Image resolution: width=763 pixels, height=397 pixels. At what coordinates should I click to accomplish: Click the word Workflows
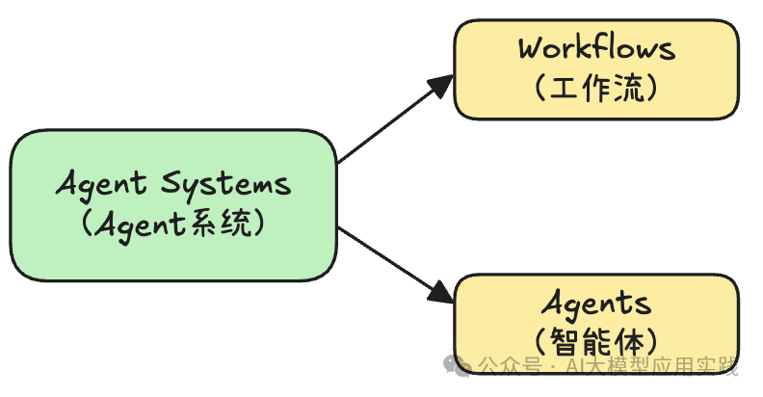click(596, 48)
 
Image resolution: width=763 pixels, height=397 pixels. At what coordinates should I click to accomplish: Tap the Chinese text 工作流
click(596, 89)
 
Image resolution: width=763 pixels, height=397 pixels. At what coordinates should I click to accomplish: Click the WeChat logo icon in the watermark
click(459, 365)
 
